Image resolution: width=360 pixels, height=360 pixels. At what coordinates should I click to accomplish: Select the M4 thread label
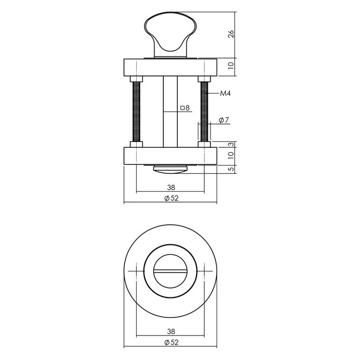point(225,95)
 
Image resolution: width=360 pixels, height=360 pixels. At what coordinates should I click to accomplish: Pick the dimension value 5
point(231,169)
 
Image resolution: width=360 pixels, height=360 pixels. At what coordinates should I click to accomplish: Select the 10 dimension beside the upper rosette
point(231,66)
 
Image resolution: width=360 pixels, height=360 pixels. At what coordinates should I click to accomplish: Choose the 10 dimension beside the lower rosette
point(231,156)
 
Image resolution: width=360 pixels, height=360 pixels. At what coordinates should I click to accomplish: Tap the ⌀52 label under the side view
point(170,199)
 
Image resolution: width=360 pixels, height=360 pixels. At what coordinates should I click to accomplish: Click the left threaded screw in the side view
point(136,111)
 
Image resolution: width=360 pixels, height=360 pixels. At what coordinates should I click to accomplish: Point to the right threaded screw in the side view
point(204,111)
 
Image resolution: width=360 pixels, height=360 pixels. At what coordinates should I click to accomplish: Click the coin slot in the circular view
point(170,271)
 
